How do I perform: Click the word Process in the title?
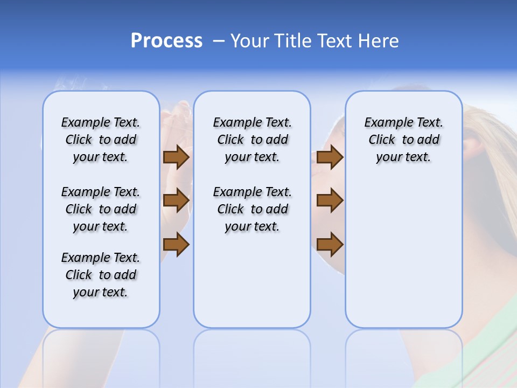[166, 41]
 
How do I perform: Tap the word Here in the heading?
[377, 41]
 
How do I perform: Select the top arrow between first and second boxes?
[176, 157]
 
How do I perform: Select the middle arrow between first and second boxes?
[176, 200]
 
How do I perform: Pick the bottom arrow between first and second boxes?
[176, 245]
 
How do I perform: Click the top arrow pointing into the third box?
[330, 157]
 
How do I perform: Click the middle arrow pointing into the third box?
[330, 200]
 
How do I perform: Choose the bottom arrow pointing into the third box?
[330, 245]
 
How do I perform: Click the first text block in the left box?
[101, 140]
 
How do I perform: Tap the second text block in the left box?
[101, 209]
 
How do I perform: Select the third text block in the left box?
[101, 275]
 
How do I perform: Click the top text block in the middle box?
[252, 140]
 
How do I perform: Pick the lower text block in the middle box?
[252, 209]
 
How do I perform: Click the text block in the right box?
[403, 140]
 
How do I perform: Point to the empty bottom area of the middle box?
[252, 286]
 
